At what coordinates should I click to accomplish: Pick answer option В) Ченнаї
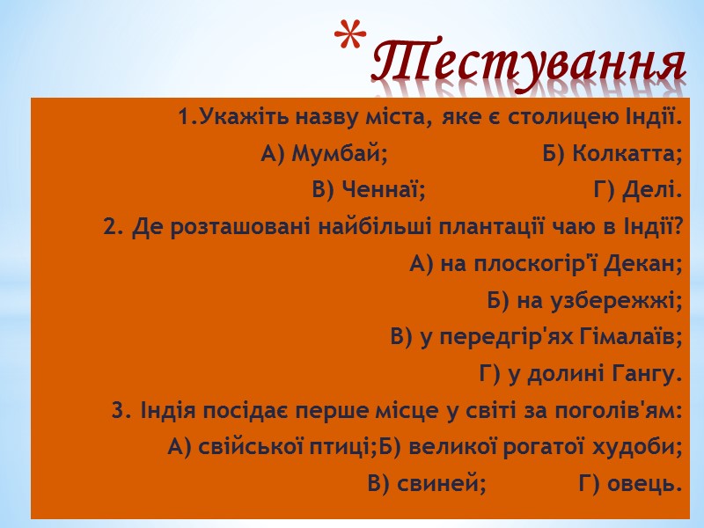[x=369, y=190]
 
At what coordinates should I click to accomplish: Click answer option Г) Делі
[x=638, y=190]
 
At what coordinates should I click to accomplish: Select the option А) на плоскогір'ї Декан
[x=546, y=263]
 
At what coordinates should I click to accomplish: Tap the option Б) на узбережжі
[x=584, y=300]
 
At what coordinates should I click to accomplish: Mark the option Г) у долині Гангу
[x=581, y=374]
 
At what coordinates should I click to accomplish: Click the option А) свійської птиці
[x=272, y=447]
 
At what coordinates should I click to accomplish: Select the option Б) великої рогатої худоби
[x=532, y=447]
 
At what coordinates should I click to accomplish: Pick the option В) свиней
[x=427, y=483]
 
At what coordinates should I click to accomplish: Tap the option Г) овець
[x=630, y=483]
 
